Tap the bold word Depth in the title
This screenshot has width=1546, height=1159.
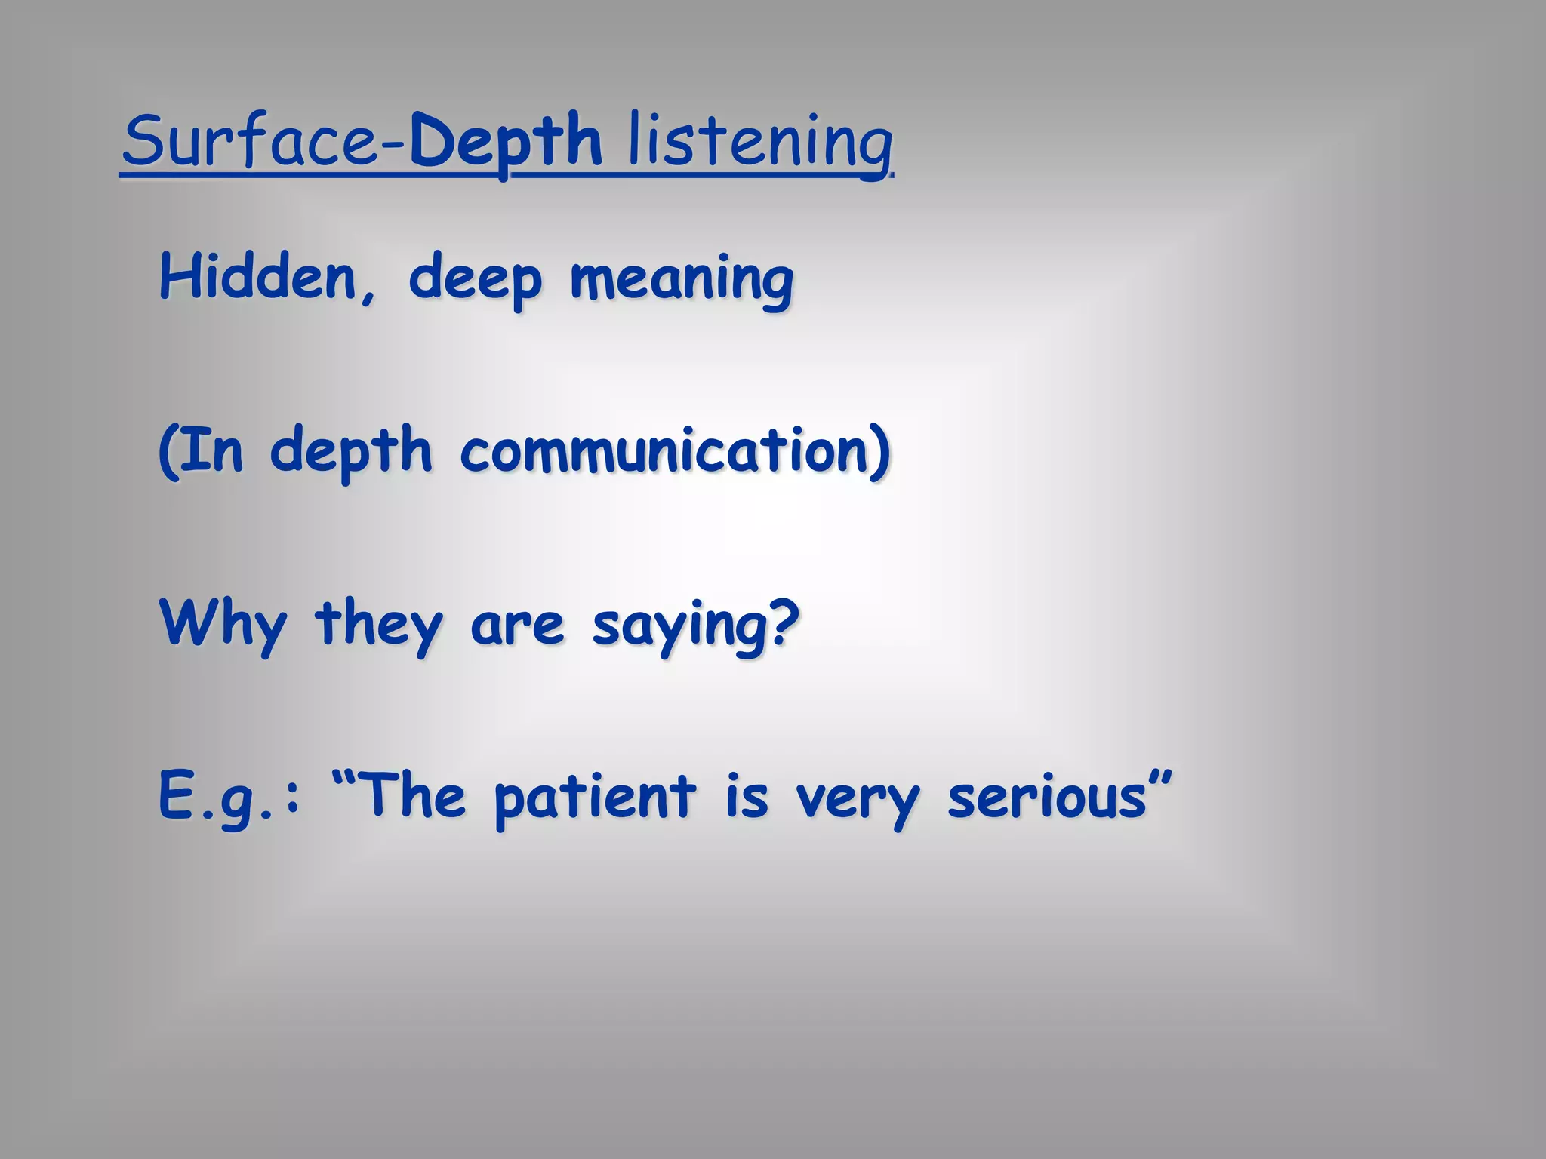click(x=506, y=141)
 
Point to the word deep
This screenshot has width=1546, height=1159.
click(x=475, y=279)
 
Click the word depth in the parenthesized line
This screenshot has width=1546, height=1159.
click(x=351, y=450)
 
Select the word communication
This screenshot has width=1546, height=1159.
click(x=664, y=450)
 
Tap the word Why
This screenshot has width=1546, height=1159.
click(x=223, y=625)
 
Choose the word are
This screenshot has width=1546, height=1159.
click(x=517, y=626)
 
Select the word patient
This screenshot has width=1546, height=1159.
click(x=595, y=798)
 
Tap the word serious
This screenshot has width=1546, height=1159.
click(x=1047, y=798)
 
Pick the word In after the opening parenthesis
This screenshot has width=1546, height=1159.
click(x=212, y=450)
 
